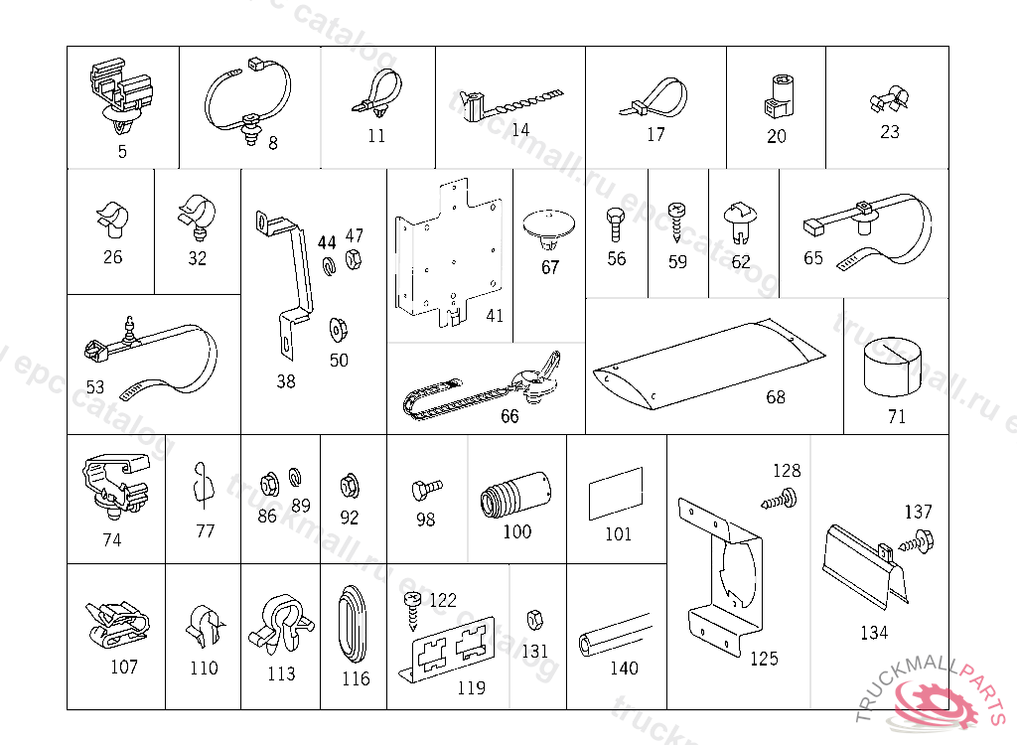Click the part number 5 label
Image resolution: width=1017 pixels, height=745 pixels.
click(122, 152)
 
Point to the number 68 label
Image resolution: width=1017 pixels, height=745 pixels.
click(776, 397)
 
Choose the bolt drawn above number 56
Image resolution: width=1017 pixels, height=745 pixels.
click(616, 223)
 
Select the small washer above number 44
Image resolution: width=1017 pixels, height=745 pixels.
click(327, 265)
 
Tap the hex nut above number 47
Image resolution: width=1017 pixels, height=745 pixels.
click(353, 261)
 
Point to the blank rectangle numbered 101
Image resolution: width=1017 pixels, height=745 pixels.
click(616, 495)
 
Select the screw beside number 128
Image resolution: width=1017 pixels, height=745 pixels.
click(781, 499)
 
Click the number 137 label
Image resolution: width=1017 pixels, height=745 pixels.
click(918, 513)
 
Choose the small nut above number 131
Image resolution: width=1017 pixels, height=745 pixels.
click(532, 619)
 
